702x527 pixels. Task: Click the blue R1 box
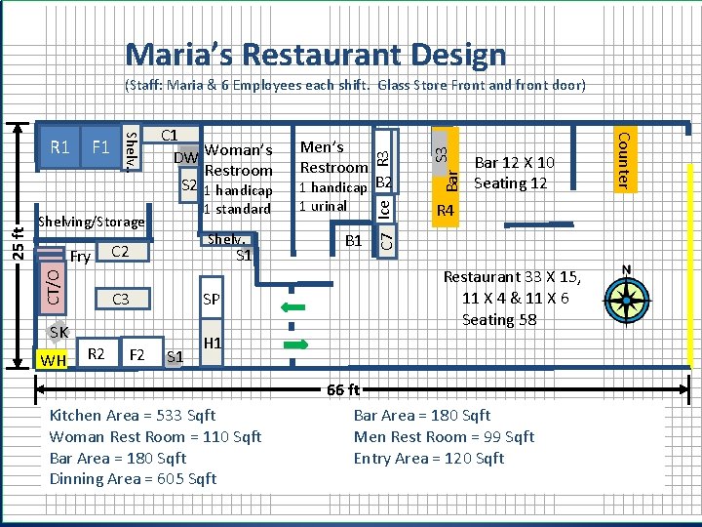pyautogui.click(x=59, y=147)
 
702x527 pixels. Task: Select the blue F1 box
pyautogui.click(x=100, y=147)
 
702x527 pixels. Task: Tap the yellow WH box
pyautogui.click(x=52, y=359)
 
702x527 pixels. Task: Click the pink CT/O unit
pyautogui.click(x=53, y=288)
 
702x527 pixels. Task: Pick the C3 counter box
pyautogui.click(x=123, y=299)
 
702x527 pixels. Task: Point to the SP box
pyautogui.click(x=212, y=298)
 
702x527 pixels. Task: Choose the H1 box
pyautogui.click(x=212, y=343)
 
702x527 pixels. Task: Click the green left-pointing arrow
pyautogui.click(x=292, y=307)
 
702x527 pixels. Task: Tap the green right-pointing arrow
pyautogui.click(x=296, y=345)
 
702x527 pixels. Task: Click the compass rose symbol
pyautogui.click(x=627, y=298)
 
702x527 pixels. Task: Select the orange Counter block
pyautogui.click(x=625, y=160)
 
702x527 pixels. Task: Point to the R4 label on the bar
pyautogui.click(x=446, y=210)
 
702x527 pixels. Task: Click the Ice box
pyautogui.click(x=384, y=209)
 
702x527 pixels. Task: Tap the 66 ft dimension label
pyautogui.click(x=343, y=389)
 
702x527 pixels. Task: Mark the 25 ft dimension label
pyautogui.click(x=18, y=244)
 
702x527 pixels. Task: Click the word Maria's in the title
pyautogui.click(x=179, y=55)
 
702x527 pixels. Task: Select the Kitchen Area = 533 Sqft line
pyautogui.click(x=133, y=416)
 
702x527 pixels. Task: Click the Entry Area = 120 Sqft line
pyautogui.click(x=429, y=458)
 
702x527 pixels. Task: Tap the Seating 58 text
pyautogui.click(x=499, y=319)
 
